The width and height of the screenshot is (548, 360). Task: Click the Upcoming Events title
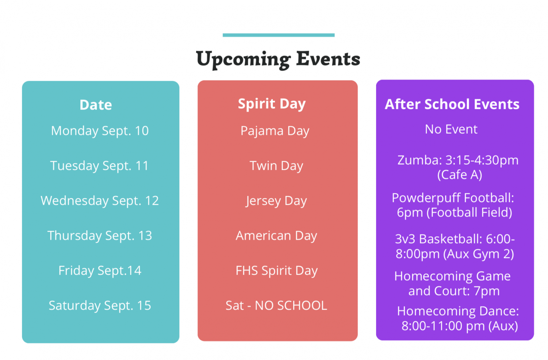[x=278, y=60]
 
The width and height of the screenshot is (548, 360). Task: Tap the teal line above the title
[x=279, y=35]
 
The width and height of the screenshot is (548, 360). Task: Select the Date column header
[x=96, y=105]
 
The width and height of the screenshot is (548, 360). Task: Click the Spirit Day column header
[x=272, y=104]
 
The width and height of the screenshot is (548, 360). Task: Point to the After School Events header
[x=452, y=104]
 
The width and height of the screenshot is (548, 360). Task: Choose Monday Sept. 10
[x=100, y=131]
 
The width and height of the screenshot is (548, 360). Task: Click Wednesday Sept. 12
[x=100, y=201]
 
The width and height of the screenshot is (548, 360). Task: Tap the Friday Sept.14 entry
[x=100, y=271]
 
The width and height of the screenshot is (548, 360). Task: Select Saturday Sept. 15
[x=100, y=306]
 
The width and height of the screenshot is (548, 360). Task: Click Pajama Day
[x=275, y=131]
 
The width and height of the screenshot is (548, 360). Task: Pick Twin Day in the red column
[x=276, y=166]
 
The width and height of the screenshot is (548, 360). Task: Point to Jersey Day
[x=276, y=201]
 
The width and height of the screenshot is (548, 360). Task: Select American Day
[x=276, y=236]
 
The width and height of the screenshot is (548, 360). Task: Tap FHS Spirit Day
[x=277, y=271]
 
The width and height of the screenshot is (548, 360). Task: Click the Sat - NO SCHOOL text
[x=276, y=306]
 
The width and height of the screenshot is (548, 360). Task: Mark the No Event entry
[x=451, y=129]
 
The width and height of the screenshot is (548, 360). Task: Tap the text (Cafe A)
[x=460, y=175]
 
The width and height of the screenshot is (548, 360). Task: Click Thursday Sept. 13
[x=100, y=236]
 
